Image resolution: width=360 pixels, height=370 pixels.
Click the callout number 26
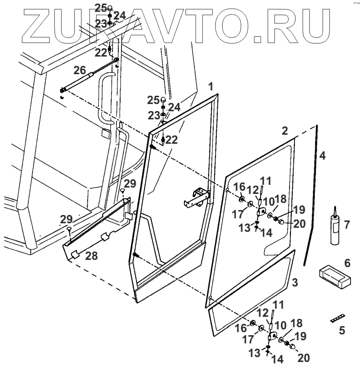(x=80, y=70)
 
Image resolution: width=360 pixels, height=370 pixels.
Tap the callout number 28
(x=92, y=256)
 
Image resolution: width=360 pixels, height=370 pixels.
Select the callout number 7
(x=347, y=224)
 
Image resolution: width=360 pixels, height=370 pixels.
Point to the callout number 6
(x=347, y=262)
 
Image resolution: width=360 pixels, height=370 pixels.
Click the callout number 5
(x=342, y=330)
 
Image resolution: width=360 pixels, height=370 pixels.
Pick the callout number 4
(x=322, y=155)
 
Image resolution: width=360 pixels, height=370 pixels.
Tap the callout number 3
(x=295, y=283)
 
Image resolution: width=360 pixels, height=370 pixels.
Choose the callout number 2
(x=284, y=131)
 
